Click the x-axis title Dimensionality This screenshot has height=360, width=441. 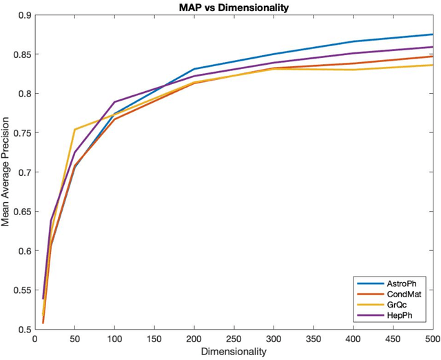pyautogui.click(x=233, y=352)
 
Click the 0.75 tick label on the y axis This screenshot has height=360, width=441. pyautogui.click(x=21, y=133)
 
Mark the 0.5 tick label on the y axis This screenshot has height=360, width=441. pyautogui.click(x=23, y=329)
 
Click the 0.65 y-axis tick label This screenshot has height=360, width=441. pyautogui.click(x=21, y=212)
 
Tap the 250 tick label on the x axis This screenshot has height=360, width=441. pyautogui.click(x=234, y=339)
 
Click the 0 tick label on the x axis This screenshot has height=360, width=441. pyautogui.click(x=34, y=339)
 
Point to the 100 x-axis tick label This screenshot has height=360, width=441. pyautogui.click(x=114, y=339)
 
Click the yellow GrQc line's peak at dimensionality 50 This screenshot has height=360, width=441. pyautogui.click(x=74, y=130)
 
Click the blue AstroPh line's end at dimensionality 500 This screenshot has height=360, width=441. pyautogui.click(x=432, y=34)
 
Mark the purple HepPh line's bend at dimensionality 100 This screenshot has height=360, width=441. pyautogui.click(x=114, y=102)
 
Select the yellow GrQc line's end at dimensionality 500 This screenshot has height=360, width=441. pyautogui.click(x=432, y=65)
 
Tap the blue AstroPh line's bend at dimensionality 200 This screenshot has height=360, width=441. pyautogui.click(x=194, y=69)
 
